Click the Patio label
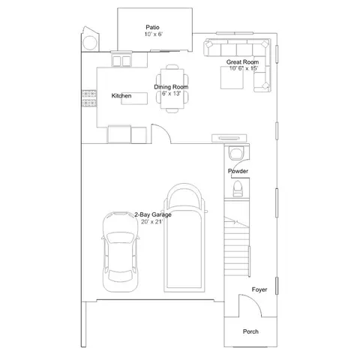click(152, 27)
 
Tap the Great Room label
click(242, 62)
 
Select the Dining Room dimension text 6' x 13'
click(171, 94)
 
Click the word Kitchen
click(121, 96)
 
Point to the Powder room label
click(238, 171)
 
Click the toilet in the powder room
click(238, 188)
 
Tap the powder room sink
click(236, 153)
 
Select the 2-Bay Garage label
click(153, 214)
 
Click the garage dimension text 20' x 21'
click(152, 221)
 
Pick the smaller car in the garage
click(121, 252)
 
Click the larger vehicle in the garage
click(184, 238)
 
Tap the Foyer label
click(259, 289)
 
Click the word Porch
click(250, 331)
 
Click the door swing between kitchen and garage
click(165, 130)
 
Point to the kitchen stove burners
click(89, 98)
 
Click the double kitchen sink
click(121, 61)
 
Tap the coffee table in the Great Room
click(232, 77)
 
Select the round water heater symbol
click(90, 43)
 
